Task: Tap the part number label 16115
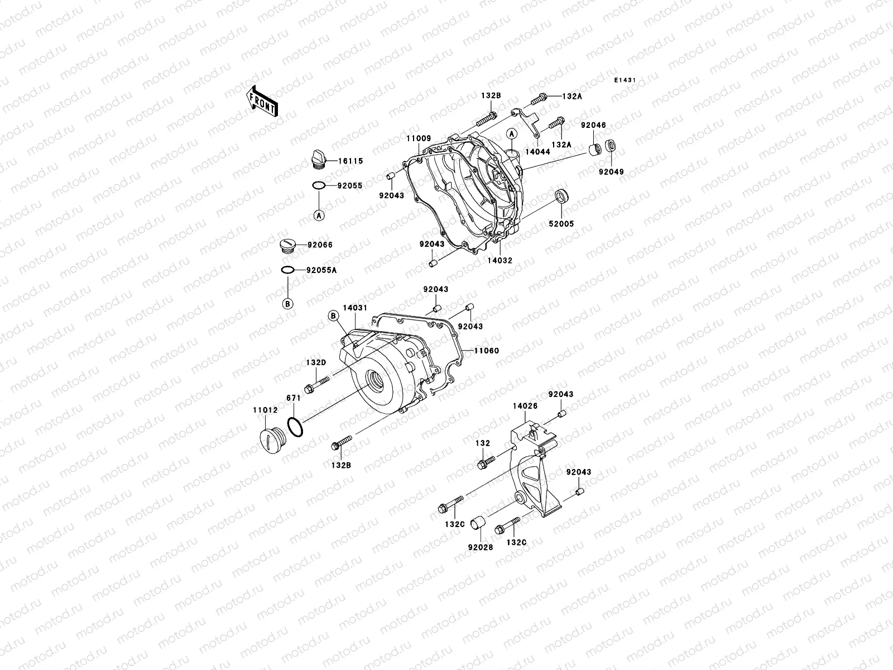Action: click(x=349, y=161)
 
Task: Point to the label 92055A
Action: click(x=321, y=270)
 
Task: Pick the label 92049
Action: click(x=612, y=172)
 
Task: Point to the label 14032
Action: click(x=500, y=260)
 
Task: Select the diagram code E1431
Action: click(x=625, y=80)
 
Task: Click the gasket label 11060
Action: click(x=486, y=351)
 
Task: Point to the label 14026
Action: click(x=525, y=406)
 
